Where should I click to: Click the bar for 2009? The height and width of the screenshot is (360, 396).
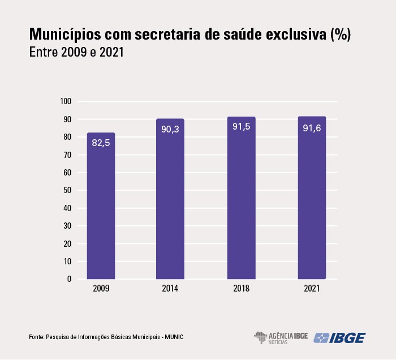click(x=101, y=206)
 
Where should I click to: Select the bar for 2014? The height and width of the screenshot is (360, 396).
click(x=170, y=199)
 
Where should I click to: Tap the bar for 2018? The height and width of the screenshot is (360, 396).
click(x=241, y=198)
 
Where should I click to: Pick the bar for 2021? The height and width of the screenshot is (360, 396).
click(x=312, y=198)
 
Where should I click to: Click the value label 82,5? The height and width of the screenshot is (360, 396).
click(x=101, y=144)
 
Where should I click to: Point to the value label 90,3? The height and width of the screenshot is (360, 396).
click(x=170, y=130)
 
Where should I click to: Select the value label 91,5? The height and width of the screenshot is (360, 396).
click(x=241, y=127)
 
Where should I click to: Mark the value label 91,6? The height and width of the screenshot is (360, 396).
click(x=312, y=127)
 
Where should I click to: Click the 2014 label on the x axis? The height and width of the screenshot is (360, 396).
click(x=170, y=289)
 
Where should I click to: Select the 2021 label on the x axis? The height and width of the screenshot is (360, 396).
click(x=312, y=289)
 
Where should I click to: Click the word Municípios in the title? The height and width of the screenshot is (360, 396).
click(x=68, y=35)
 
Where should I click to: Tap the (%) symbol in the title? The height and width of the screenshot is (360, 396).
click(x=339, y=35)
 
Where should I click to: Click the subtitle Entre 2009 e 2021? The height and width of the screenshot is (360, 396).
click(x=76, y=53)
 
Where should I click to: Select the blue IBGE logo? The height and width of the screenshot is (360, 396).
click(x=339, y=337)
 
